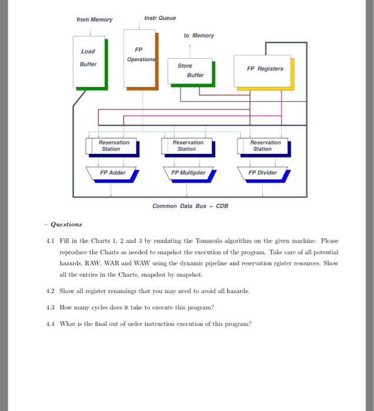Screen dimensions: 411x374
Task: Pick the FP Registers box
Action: (265, 69)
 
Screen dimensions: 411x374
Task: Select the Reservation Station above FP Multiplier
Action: (187, 146)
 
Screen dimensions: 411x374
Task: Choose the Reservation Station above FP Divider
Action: (263, 146)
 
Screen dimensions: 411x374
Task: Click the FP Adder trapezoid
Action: (112, 173)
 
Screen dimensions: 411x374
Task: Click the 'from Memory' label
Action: (94, 20)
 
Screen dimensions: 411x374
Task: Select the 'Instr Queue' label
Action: (160, 18)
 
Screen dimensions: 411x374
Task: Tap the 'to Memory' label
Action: (199, 36)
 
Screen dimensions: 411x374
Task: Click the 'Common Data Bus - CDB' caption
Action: (190, 206)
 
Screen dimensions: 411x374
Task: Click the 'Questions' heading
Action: (66, 224)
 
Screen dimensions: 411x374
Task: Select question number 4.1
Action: (51, 241)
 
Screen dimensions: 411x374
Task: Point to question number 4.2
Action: (51, 291)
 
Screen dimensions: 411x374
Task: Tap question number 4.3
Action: (51, 307)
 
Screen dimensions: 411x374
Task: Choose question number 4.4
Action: (51, 324)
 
